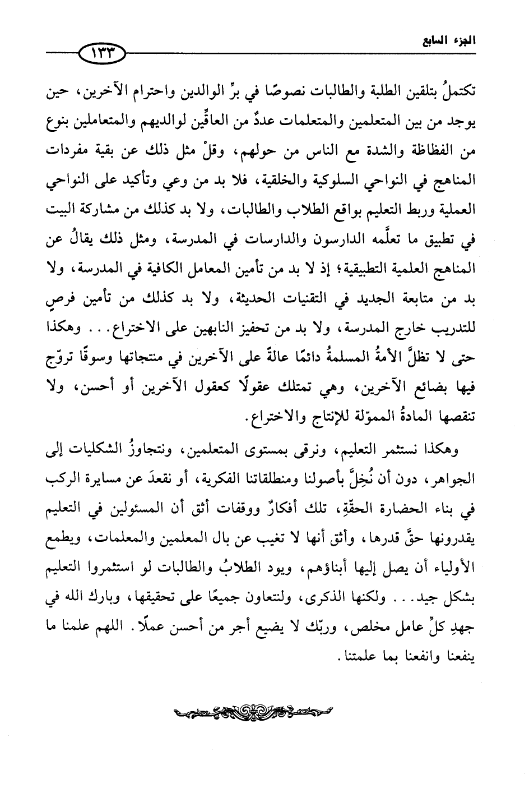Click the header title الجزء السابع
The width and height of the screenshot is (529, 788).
[x=452, y=40]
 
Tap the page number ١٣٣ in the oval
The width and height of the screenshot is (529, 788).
[x=105, y=53]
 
